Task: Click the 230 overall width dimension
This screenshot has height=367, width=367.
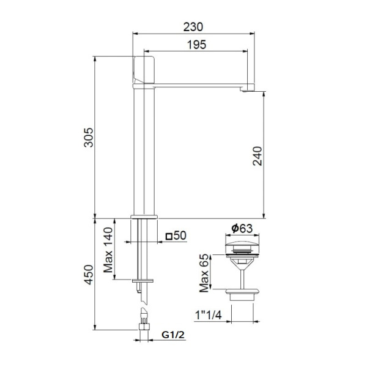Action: coord(193,26)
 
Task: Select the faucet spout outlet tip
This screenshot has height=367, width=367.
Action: coord(247,90)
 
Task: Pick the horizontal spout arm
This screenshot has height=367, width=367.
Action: coord(202,85)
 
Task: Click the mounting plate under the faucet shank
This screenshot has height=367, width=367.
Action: coord(144,281)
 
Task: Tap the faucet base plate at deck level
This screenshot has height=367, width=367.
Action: coord(144,217)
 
